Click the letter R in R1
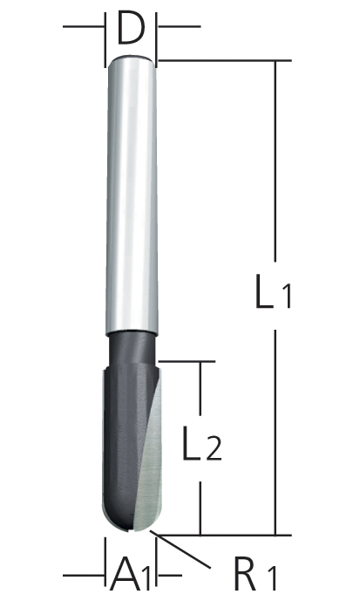[x=244, y=576]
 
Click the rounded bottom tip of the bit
[x=130, y=523]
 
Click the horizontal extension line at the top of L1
[x=218, y=60]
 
